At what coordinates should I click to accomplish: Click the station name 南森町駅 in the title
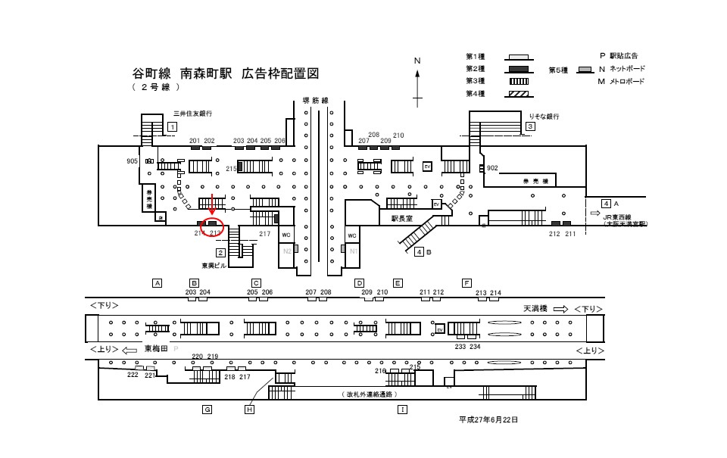click(x=207, y=74)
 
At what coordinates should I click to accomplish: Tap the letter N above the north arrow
click(x=417, y=61)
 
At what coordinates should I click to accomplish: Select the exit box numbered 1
click(x=173, y=126)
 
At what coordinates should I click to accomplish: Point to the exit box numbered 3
click(x=531, y=126)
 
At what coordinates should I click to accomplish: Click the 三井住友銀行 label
click(x=192, y=114)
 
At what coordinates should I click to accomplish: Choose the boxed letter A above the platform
click(x=158, y=283)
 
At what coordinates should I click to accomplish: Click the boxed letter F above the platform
click(x=466, y=283)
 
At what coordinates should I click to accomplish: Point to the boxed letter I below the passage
click(x=402, y=410)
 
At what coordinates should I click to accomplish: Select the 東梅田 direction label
click(x=155, y=349)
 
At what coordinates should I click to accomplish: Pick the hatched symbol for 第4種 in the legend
click(x=517, y=94)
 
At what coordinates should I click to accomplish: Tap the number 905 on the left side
click(x=133, y=161)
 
